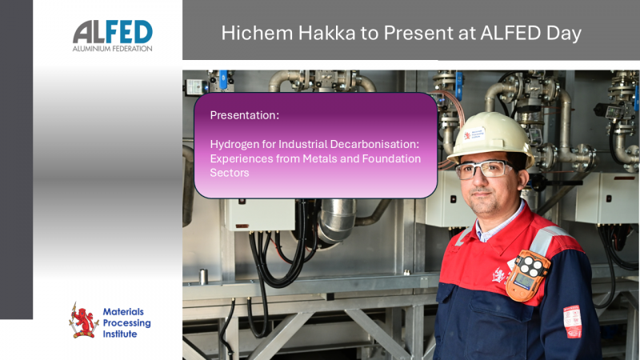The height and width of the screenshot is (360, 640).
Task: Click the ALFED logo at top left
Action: (113, 32)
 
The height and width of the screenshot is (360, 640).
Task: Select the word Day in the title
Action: (563, 33)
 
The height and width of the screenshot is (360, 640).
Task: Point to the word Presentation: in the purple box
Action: (244, 115)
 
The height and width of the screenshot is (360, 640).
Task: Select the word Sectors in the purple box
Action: (230, 173)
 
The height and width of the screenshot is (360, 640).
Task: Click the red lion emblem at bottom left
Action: (83, 319)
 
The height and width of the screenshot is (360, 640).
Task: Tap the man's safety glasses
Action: (485, 170)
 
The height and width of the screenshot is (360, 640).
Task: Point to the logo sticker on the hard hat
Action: (474, 134)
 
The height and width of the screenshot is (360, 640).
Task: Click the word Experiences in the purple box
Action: (241, 158)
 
